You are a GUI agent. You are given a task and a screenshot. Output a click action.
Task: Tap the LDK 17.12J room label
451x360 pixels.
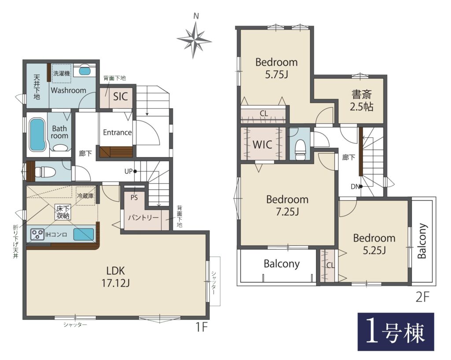pyautogui.click(x=116, y=277)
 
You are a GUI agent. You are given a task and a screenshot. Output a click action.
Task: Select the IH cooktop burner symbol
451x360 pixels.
pyautogui.click(x=37, y=234)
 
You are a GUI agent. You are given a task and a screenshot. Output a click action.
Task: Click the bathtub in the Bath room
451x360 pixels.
pyautogui.click(x=37, y=135)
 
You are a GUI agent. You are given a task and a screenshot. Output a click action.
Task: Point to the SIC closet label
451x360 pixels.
pyautogui.click(x=120, y=96)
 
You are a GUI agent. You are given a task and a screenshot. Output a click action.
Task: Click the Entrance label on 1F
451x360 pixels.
pyautogui.click(x=117, y=132)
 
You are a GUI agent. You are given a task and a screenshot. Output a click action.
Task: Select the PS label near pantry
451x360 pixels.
pyautogui.click(x=134, y=197)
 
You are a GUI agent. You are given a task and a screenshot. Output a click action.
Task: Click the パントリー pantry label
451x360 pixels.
pyautogui.click(x=143, y=217)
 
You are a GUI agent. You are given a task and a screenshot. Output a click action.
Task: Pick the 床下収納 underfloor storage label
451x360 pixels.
pyautogui.click(x=63, y=212)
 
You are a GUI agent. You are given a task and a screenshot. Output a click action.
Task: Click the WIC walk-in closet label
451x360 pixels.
pyautogui.click(x=262, y=144)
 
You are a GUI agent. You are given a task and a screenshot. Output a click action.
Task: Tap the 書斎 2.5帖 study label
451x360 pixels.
pyautogui.click(x=362, y=100)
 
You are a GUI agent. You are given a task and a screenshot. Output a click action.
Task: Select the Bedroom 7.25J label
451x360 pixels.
pyautogui.click(x=287, y=206)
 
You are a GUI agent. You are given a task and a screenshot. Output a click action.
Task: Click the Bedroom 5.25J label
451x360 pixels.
pyautogui.click(x=374, y=244)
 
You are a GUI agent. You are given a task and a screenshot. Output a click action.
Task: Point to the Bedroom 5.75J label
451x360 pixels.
pyautogui.click(x=277, y=68)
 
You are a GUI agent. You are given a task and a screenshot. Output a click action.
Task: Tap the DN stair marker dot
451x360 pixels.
pyautogui.click(x=361, y=187)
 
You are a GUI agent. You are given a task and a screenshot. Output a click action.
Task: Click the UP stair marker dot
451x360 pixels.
pyautogui.click(x=135, y=171)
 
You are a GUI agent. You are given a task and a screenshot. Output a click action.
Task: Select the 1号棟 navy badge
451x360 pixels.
pyautogui.click(x=396, y=332)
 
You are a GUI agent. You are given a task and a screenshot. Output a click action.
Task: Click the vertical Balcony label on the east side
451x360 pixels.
pyautogui.click(x=422, y=241)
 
